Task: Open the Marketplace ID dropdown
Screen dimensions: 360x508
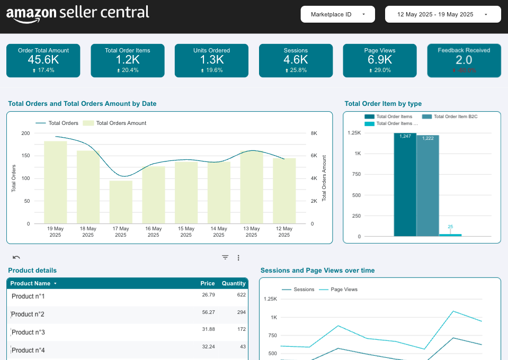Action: [337, 14]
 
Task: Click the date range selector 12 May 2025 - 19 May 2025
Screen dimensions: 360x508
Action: [442, 14]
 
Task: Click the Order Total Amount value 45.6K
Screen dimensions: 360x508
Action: [43, 60]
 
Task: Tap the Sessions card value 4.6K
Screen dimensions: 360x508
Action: [296, 60]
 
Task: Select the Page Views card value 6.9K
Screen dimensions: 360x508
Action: [380, 60]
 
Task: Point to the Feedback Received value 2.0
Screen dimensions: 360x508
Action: [464, 60]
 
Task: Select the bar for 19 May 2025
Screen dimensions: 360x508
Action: [56, 182]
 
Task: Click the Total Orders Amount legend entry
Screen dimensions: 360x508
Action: [121, 123]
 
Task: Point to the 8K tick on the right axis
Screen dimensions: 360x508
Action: [314, 133]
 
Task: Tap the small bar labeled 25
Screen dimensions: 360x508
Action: [450, 235]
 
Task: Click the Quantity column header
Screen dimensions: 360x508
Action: [234, 283]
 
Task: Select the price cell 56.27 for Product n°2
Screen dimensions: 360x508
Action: [208, 312]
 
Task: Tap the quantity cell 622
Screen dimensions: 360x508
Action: [241, 294]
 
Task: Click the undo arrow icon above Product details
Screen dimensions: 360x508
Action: [16, 258]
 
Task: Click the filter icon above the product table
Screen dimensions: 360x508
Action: [225, 258]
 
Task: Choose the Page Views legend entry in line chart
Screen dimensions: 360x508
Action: [344, 290]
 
